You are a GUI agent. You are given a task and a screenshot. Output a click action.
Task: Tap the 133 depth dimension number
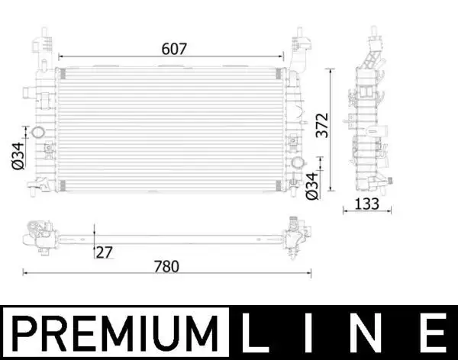(x=367, y=203)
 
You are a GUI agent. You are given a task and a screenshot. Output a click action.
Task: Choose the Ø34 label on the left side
(x=17, y=157)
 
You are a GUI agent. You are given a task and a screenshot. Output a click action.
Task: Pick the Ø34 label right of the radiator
(x=311, y=186)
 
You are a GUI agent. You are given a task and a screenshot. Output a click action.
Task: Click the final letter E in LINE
(x=433, y=333)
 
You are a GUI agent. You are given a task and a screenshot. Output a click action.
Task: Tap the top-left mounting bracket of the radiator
(x=44, y=42)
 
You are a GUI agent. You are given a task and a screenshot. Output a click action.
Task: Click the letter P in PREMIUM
(x=29, y=333)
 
